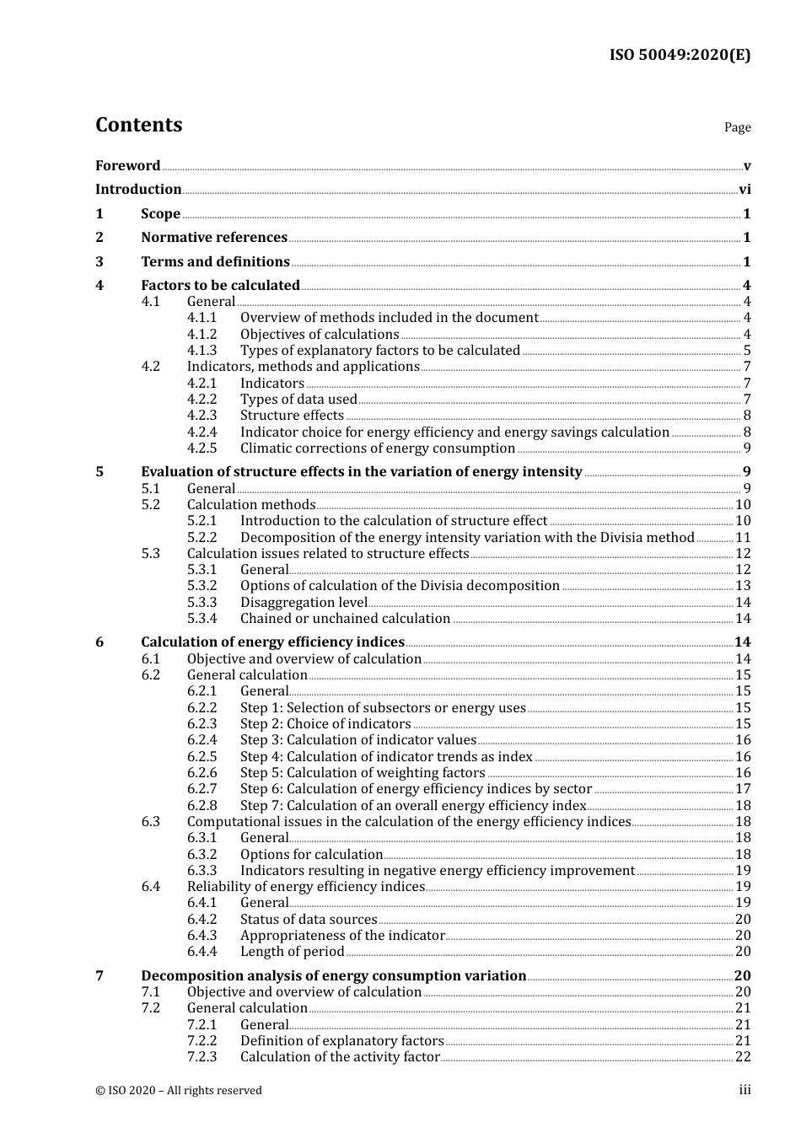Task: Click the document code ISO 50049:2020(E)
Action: point(680,56)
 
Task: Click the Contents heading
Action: point(138,125)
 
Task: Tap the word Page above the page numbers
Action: point(737,127)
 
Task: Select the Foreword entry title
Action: point(127,166)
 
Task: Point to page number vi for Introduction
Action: point(745,190)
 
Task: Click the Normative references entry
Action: point(214,238)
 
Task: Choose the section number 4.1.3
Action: point(202,351)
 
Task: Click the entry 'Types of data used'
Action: point(298,400)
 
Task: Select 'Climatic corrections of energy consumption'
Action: point(378,448)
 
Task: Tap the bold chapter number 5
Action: point(99,472)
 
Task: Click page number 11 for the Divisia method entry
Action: point(743,538)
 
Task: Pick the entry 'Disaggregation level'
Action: point(304,603)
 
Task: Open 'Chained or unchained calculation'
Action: point(345,619)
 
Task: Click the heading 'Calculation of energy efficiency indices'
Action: point(272,642)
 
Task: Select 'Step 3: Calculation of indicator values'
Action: point(358,740)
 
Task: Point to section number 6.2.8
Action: point(202,806)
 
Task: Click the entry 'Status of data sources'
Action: point(309,920)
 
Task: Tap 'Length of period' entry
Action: point(293,952)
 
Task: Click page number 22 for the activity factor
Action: point(743,1057)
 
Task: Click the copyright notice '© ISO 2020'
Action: point(179,1091)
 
